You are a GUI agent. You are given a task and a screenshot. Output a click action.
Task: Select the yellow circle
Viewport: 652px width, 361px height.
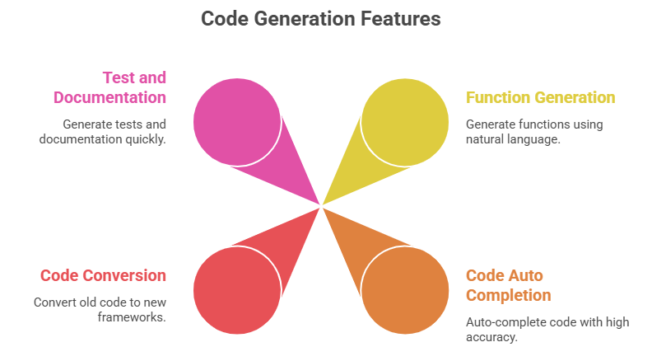(x=405, y=121)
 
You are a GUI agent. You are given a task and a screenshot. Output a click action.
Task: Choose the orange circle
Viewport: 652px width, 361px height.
(x=405, y=290)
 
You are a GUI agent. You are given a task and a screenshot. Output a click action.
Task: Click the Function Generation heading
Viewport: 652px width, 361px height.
(x=540, y=97)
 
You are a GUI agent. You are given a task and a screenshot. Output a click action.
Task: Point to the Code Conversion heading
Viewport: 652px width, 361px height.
(x=103, y=275)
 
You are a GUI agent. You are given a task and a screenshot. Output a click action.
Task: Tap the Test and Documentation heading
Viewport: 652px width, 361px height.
(x=109, y=87)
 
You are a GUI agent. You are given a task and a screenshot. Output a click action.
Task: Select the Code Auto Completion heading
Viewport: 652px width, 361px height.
(x=508, y=285)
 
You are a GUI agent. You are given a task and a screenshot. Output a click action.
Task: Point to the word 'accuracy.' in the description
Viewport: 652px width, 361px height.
(x=492, y=337)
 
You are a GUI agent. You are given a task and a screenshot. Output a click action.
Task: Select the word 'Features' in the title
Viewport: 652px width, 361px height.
(x=400, y=18)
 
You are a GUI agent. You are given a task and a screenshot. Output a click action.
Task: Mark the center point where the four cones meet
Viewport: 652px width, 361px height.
(x=321, y=205)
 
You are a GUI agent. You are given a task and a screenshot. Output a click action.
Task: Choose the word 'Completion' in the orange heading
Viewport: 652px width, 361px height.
(x=509, y=295)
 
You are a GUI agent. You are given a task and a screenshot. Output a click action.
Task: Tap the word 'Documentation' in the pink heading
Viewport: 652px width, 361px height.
(x=109, y=97)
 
